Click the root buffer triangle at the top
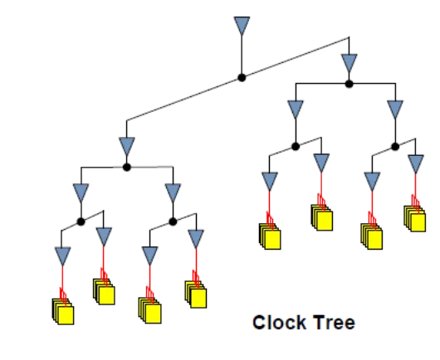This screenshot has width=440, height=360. click(242, 26)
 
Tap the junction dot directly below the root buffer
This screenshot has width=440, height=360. click(242, 78)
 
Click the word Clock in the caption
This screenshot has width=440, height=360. click(279, 323)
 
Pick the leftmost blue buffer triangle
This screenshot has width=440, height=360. click(62, 256)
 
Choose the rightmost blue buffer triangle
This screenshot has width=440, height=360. click(416, 164)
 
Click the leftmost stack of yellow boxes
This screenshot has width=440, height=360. click(63, 312)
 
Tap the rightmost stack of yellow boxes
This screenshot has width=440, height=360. click(415, 219)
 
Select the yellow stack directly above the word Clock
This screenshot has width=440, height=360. click(270, 236)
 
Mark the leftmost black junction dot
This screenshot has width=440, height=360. click(81, 221)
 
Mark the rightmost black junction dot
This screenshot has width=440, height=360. click(395, 147)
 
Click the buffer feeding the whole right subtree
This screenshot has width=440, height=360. click(349, 63)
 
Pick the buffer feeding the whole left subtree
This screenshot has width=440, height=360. click(127, 146)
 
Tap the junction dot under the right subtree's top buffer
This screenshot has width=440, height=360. click(349, 84)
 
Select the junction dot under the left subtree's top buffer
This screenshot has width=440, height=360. click(126, 168)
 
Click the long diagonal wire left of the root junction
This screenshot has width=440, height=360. click(183, 100)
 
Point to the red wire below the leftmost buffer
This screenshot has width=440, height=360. click(62, 282)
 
